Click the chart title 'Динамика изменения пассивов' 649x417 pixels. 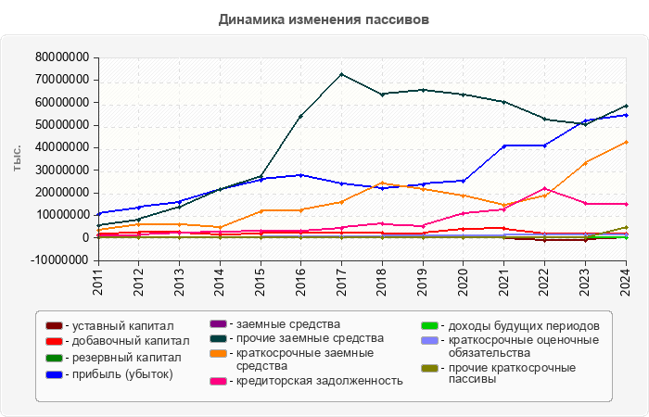pos(324,19)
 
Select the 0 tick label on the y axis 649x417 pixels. pos(84,238)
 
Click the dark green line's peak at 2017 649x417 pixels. pos(341,74)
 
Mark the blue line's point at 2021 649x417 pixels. pos(503,145)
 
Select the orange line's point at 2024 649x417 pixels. pos(626,142)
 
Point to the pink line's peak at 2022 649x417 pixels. pos(544,188)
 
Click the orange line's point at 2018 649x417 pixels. pos(382,183)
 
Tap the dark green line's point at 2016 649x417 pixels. pos(300,116)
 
